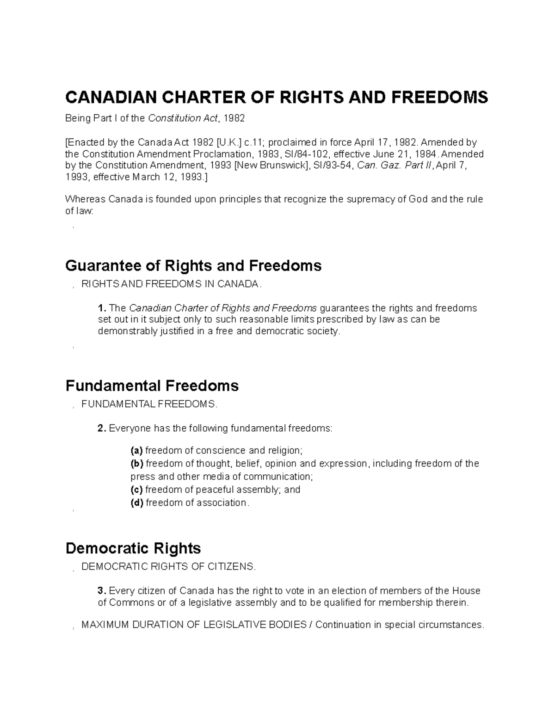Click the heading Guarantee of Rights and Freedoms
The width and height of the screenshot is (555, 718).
pyautogui.click(x=193, y=266)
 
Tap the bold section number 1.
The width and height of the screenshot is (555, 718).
pyautogui.click(x=102, y=308)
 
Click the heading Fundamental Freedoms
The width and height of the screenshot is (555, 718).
pyautogui.click(x=152, y=386)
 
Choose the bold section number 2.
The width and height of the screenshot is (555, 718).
pyautogui.click(x=102, y=429)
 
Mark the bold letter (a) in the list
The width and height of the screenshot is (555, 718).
pyautogui.click(x=136, y=451)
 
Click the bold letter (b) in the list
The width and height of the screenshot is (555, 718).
pyautogui.click(x=137, y=464)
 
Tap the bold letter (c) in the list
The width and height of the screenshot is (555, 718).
pyautogui.click(x=136, y=490)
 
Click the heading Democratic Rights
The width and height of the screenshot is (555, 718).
pyautogui.click(x=133, y=548)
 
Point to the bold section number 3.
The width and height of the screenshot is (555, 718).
pyautogui.click(x=102, y=591)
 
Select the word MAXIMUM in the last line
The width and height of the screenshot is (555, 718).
pyautogui.click(x=103, y=625)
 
